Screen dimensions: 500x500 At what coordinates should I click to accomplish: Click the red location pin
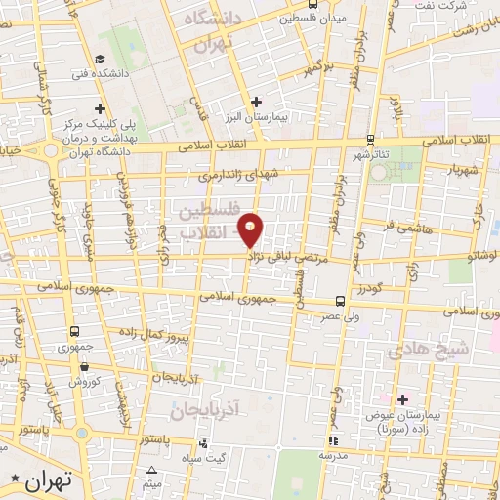click(252, 230)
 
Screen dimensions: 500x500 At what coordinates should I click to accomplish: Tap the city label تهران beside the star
click(45, 480)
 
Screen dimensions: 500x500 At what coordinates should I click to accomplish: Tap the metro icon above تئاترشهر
click(369, 140)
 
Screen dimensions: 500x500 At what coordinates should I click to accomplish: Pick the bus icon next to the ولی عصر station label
click(339, 300)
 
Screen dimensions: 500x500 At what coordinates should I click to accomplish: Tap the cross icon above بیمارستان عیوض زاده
click(401, 397)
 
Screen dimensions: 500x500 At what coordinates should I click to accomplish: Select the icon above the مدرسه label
click(333, 439)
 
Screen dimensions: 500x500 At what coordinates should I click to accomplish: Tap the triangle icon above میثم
click(150, 471)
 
